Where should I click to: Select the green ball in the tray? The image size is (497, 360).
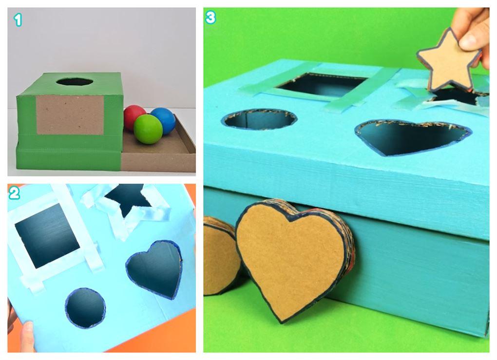pyautogui.click(x=148, y=129)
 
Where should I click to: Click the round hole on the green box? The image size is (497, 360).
pyautogui.click(x=75, y=81)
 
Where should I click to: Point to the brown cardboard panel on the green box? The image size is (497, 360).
pyautogui.click(x=70, y=115)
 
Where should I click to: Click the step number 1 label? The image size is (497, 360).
pyautogui.click(x=18, y=19)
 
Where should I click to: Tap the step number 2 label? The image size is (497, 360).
pyautogui.click(x=14, y=193)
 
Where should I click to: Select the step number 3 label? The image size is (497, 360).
pyautogui.click(x=210, y=18)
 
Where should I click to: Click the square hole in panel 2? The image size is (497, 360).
pyautogui.click(x=47, y=235)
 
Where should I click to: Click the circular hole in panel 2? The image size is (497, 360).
pyautogui.click(x=85, y=308)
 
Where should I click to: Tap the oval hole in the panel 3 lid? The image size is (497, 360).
pyautogui.click(x=259, y=119)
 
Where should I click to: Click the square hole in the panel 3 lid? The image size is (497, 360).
pyautogui.click(x=322, y=84)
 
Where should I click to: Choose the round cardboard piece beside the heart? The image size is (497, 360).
pyautogui.click(x=220, y=256)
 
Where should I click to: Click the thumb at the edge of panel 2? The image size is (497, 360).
pyautogui.click(x=27, y=337)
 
